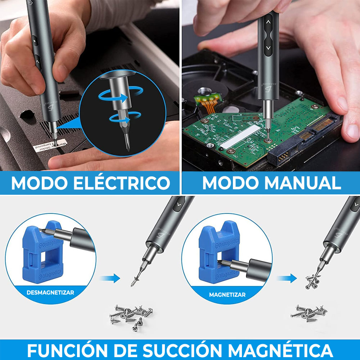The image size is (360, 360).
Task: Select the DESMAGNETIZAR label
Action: (x=50, y=292)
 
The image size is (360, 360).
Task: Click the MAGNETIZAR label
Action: (x=227, y=294)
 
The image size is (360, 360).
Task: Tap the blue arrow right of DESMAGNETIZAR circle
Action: (x=109, y=278)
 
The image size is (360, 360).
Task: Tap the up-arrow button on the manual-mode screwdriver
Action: (x=268, y=22)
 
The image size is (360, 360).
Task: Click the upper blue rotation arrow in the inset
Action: (x=114, y=95)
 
